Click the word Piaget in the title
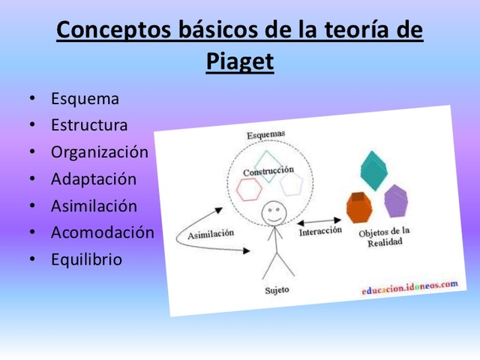tap(239, 61)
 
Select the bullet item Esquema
tap(85, 98)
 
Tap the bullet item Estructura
tap(89, 125)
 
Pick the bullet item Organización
tap(100, 152)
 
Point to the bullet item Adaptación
tap(94, 179)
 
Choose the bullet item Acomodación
tap(102, 232)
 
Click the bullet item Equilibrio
tap(86, 259)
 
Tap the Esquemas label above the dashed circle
tap(265, 134)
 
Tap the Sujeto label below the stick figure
tap(277, 289)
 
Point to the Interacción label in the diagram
tap(320, 232)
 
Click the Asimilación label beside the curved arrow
tap(210, 233)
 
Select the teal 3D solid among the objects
tap(372, 170)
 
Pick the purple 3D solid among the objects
tap(395, 200)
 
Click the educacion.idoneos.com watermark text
tap(409, 287)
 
